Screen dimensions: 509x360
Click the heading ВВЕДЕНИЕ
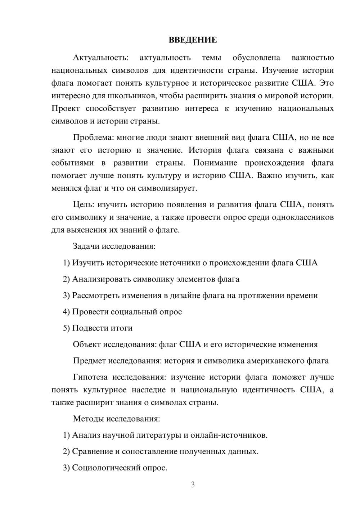193,40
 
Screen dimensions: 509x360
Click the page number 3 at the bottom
193,485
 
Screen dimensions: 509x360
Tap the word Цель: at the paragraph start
84,205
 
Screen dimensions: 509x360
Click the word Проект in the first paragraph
66,108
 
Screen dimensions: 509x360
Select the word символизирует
167,188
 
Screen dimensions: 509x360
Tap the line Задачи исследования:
114,247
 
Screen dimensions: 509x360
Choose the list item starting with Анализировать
151,279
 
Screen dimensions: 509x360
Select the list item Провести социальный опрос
122,312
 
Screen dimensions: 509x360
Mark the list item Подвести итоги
98,328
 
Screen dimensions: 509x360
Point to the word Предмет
89,361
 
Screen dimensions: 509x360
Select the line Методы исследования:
116,419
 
